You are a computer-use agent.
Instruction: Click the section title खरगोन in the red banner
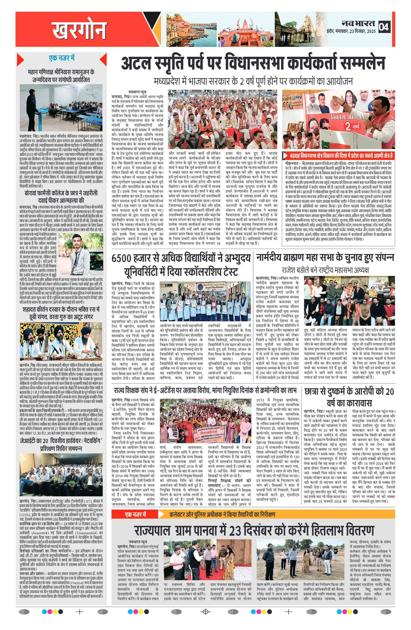tap(79, 30)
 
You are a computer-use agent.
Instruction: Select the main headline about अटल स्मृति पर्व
tap(253, 63)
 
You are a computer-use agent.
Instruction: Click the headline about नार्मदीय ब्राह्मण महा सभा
tap(325, 258)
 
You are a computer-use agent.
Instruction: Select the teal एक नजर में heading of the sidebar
tap(62, 58)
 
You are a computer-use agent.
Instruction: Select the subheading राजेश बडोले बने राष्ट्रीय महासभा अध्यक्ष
tap(325, 270)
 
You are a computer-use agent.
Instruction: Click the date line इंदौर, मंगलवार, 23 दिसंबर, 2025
tap(351, 32)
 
